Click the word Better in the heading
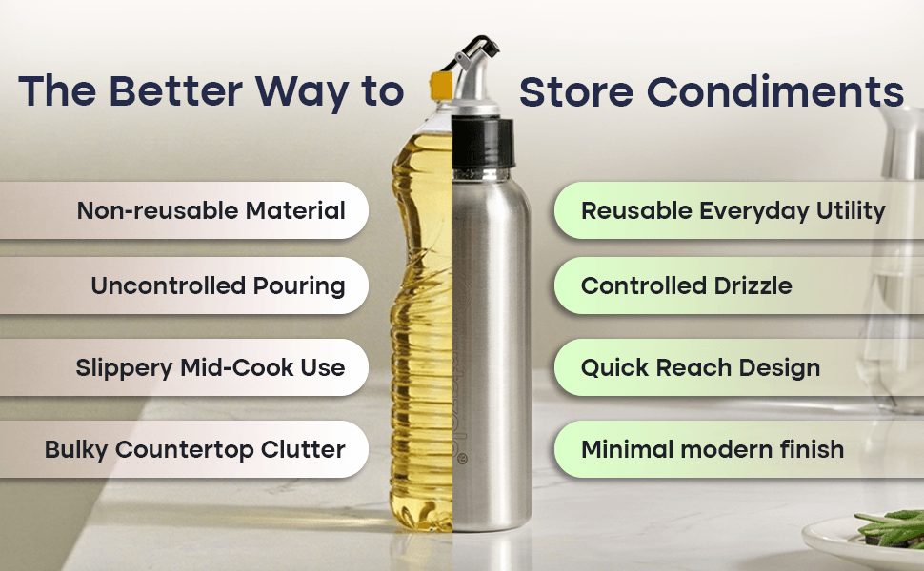(175, 91)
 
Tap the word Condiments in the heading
(774, 91)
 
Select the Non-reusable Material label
(211, 210)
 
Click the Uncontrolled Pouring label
(217, 285)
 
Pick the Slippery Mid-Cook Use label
(210, 367)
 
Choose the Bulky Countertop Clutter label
(194, 449)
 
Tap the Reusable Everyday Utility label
(733, 210)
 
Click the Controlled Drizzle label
(687, 285)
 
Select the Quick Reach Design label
(701, 367)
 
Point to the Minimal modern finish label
(713, 449)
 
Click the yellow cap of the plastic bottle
(441, 86)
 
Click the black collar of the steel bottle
(483, 143)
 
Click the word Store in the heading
(576, 91)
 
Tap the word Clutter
(303, 449)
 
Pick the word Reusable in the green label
(636, 210)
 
